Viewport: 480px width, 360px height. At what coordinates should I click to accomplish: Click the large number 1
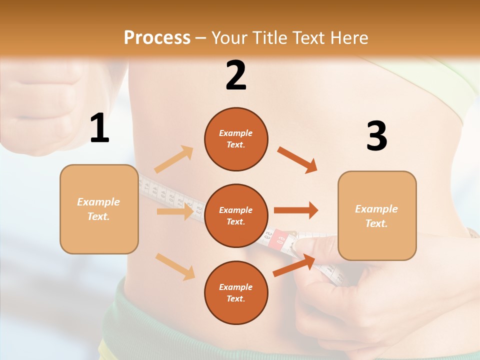pyautogui.click(x=99, y=128)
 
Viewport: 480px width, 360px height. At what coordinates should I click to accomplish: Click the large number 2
pyautogui.click(x=236, y=75)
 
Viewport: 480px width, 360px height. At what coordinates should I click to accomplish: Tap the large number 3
pyautogui.click(x=376, y=136)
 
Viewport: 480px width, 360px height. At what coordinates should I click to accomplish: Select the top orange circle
pyautogui.click(x=236, y=139)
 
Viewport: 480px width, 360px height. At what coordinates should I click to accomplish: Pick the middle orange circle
pyautogui.click(x=236, y=215)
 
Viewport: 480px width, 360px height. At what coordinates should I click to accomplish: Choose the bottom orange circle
pyautogui.click(x=236, y=292)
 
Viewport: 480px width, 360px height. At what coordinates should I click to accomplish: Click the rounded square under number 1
pyautogui.click(x=99, y=209)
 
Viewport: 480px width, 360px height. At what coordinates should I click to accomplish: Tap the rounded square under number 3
pyautogui.click(x=377, y=215)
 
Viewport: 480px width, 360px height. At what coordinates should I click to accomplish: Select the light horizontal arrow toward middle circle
pyautogui.click(x=174, y=211)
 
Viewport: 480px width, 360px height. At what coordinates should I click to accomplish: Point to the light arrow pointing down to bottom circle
pyautogui.click(x=175, y=266)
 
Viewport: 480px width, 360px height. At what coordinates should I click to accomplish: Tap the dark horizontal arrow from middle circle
pyautogui.click(x=295, y=210)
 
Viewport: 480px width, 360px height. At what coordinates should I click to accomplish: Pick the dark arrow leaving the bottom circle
pyautogui.click(x=294, y=265)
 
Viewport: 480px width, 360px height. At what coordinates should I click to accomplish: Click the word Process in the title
pyautogui.click(x=157, y=37)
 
